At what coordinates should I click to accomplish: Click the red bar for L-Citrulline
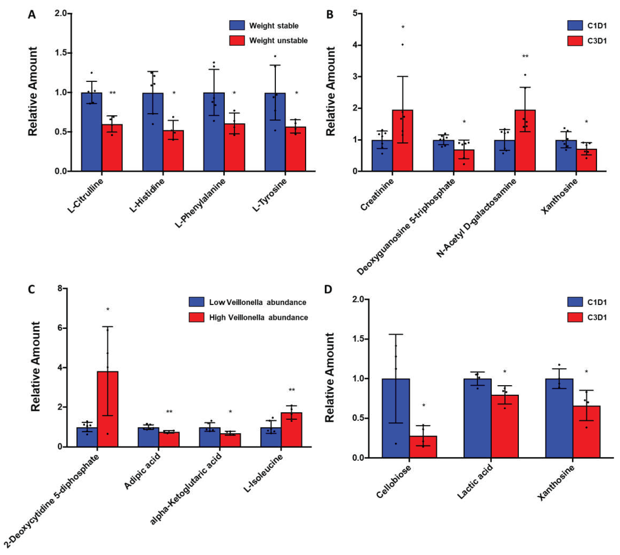[112, 148]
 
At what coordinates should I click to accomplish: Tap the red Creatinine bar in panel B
[402, 140]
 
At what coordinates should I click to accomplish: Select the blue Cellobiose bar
[396, 418]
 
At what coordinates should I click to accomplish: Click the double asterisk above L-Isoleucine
[291, 390]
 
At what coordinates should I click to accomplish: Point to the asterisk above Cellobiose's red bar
[423, 405]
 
